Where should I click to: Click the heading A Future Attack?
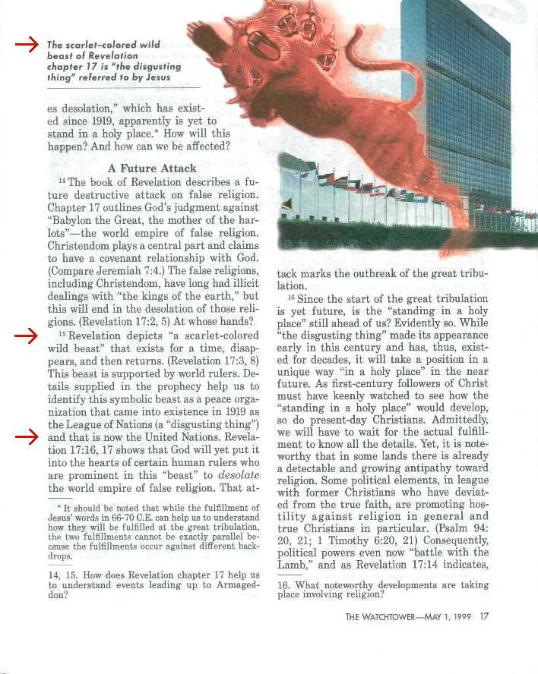coord(152,168)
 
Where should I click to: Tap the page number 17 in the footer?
coord(484,616)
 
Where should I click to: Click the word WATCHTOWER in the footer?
coord(395,616)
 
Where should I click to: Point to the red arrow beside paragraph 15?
coord(27,335)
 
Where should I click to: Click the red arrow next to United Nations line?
coord(27,436)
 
